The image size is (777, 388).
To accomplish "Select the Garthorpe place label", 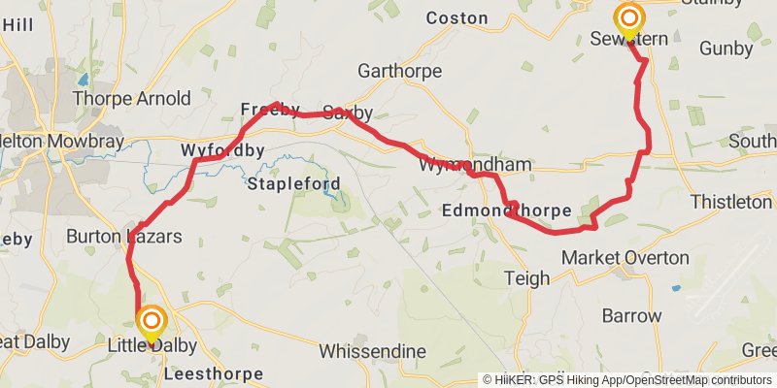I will click(x=399, y=72).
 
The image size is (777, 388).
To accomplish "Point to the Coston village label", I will click(x=456, y=17).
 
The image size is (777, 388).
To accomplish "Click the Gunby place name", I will click(x=726, y=48).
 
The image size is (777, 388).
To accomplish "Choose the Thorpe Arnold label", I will click(x=131, y=98).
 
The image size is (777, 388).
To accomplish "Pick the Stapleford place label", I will click(x=294, y=183).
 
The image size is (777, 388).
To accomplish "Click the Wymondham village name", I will click(x=475, y=166).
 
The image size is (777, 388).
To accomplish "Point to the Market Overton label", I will click(x=625, y=258).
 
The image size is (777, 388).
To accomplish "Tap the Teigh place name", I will click(x=526, y=279).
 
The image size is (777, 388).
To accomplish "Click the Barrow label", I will click(x=631, y=316).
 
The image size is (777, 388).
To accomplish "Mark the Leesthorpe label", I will click(x=214, y=373).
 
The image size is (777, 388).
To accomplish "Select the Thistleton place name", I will click(x=731, y=202).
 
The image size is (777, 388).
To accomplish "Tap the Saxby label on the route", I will click(x=348, y=113).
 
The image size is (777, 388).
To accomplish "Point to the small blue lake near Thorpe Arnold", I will click(x=84, y=78).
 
